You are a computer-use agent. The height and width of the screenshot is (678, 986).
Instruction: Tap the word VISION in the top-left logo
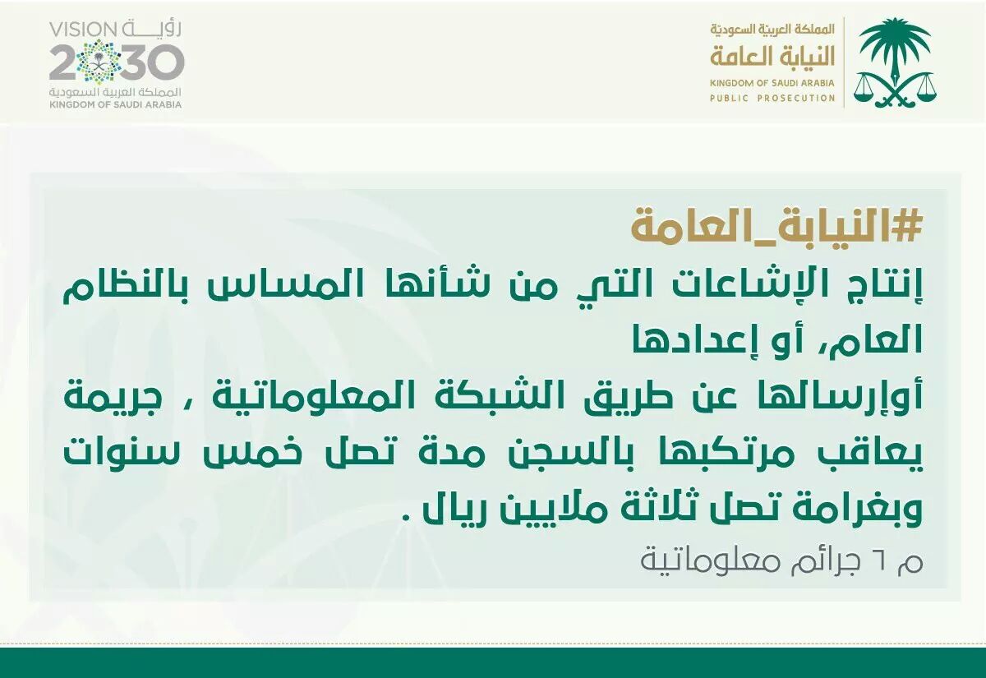(x=82, y=30)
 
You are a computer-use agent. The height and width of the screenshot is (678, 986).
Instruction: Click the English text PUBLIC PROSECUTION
(x=772, y=98)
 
